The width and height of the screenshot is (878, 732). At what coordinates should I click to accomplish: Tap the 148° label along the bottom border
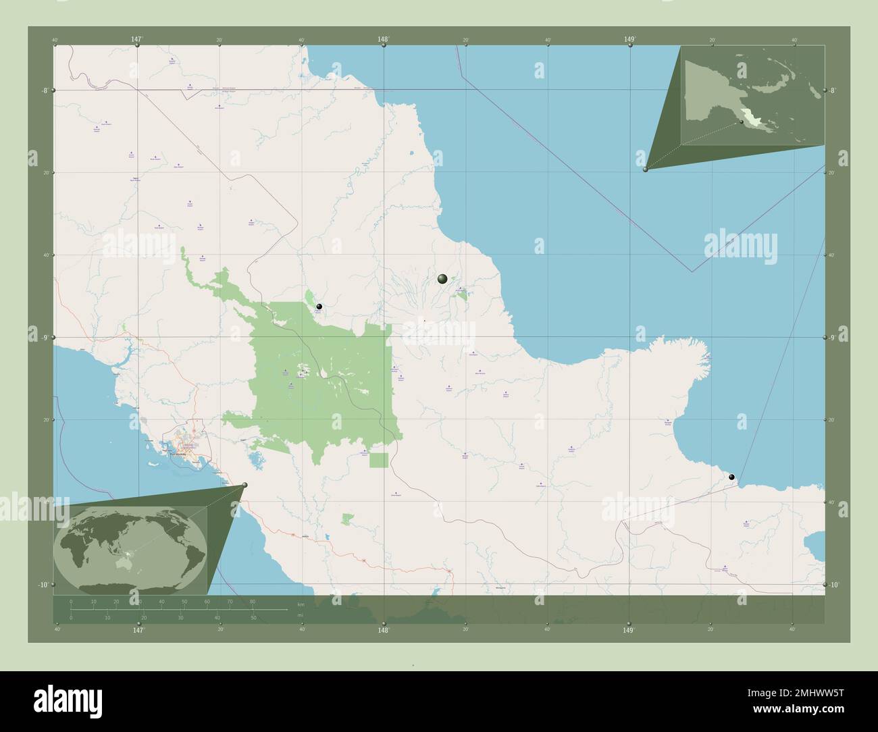pos(384,630)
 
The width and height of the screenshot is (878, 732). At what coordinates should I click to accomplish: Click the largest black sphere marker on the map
pos(442,278)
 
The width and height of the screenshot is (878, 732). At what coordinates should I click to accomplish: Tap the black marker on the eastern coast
pos(732,477)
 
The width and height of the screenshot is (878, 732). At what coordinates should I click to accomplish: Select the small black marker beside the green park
pos(319,307)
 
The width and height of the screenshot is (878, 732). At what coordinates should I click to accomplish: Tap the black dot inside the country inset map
pos(741,122)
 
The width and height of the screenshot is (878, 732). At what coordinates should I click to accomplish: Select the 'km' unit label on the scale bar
pos(301,604)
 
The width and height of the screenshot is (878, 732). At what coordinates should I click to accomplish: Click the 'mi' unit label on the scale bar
pos(301,615)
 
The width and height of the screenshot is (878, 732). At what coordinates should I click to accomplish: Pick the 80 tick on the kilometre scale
pos(253,601)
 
